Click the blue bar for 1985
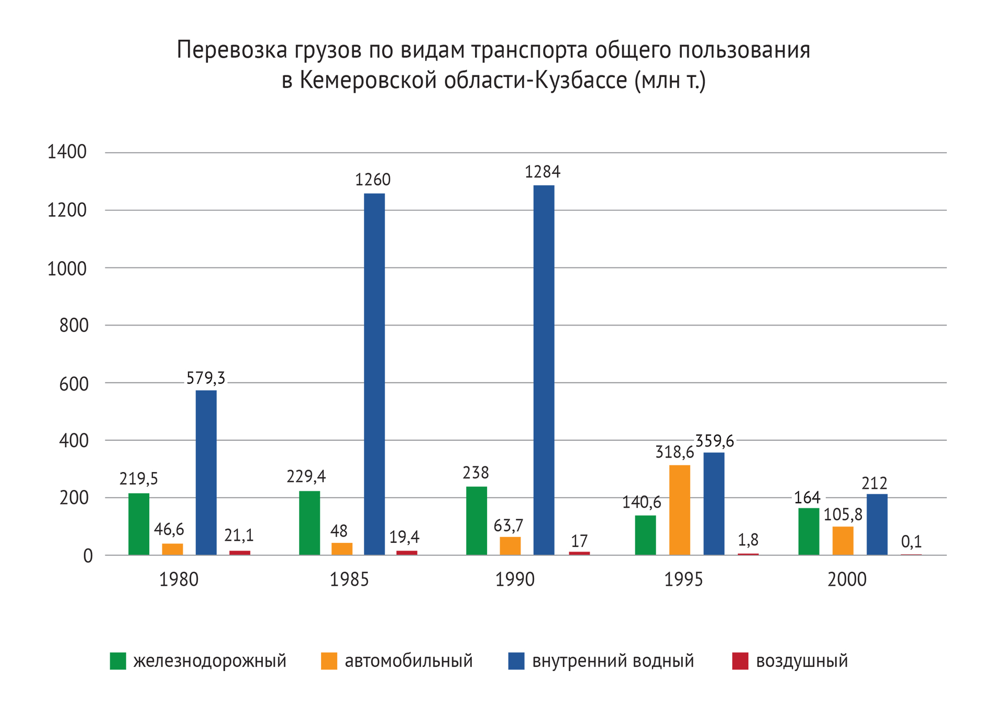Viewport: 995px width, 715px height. tap(374, 374)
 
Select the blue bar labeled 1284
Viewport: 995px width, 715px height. tap(544, 370)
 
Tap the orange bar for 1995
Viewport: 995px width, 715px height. tap(679, 510)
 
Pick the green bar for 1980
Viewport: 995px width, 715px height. tap(139, 524)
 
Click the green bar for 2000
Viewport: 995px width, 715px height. tap(809, 531)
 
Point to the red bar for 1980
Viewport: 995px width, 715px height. tap(240, 553)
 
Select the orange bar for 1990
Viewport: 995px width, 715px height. tap(510, 546)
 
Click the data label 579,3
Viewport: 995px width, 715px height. tap(206, 378)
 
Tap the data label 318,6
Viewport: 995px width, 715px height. tap(675, 452)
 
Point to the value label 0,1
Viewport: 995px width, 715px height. tap(911, 542)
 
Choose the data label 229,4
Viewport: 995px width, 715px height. tap(306, 476)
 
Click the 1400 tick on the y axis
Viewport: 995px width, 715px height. tap(67, 152)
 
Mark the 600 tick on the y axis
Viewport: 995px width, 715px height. tap(74, 384)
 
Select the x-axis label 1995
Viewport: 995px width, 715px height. tap(684, 579)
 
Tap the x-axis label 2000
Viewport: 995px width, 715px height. tap(847, 579)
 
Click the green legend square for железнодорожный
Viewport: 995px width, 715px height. tap(118, 661)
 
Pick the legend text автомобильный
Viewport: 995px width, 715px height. tap(408, 661)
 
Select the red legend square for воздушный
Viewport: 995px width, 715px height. tap(740, 661)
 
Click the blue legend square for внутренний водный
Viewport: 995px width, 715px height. tap(516, 661)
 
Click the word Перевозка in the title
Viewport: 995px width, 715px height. tap(232, 50)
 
